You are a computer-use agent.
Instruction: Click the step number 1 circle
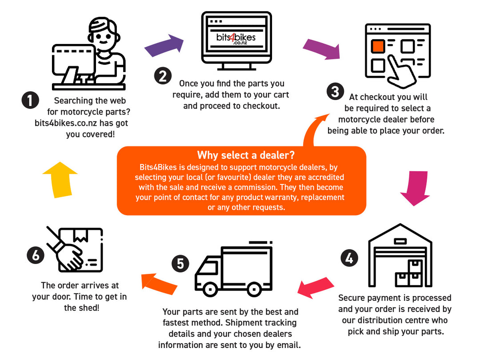[x=30, y=100]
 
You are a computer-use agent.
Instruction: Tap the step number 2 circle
[x=163, y=76]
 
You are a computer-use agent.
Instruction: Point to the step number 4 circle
[x=350, y=259]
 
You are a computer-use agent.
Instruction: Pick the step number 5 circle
[x=180, y=264]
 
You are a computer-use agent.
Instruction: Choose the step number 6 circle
[x=36, y=255]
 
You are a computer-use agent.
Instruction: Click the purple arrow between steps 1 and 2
[x=164, y=46]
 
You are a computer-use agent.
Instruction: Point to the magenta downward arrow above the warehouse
[x=415, y=188]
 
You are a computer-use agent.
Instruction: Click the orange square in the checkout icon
[x=378, y=46]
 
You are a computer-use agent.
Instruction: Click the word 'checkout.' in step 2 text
[x=266, y=106]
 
